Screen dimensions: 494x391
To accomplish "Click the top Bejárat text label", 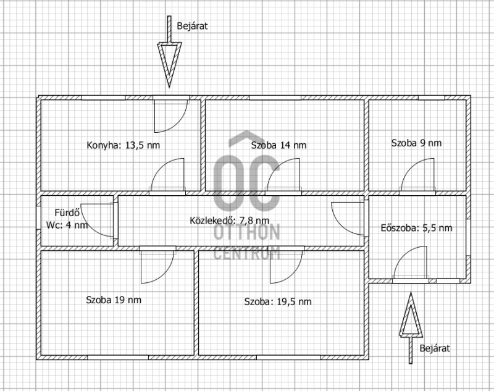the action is click(192, 26).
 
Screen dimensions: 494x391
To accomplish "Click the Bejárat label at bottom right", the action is click(435, 348).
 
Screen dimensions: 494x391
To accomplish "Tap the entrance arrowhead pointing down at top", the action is click(169, 65).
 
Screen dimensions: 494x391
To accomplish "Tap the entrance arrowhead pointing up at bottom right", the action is click(411, 314).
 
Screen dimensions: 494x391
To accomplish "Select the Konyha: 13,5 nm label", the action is click(123, 145).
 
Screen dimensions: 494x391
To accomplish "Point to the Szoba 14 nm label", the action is click(279, 145).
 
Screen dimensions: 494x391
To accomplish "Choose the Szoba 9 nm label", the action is click(416, 143).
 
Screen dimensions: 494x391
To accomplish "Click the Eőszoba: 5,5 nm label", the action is click(416, 228).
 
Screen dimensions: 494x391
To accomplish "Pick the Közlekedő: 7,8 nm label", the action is click(229, 221).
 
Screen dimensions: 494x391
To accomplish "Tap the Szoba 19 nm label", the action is click(114, 300).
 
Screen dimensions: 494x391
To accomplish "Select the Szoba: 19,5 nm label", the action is click(278, 301).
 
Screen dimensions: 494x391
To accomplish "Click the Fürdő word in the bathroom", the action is click(67, 212).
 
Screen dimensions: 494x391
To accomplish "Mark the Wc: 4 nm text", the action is click(67, 225).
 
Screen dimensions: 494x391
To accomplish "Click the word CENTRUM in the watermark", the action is click(246, 253).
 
